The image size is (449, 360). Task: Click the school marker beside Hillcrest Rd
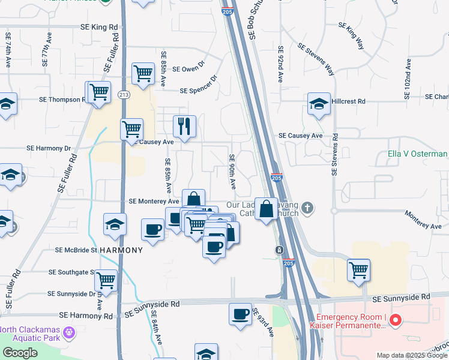click(x=319, y=103)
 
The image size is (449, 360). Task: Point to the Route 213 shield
click(x=124, y=94)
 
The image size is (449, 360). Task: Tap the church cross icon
click(x=307, y=208)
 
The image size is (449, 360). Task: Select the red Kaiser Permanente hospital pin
click(x=395, y=321)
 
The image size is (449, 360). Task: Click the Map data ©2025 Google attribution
click(x=411, y=355)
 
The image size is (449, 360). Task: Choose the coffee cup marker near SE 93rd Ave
click(x=240, y=314)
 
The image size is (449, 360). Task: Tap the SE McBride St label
click(x=76, y=250)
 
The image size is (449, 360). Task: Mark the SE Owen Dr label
click(x=188, y=69)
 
